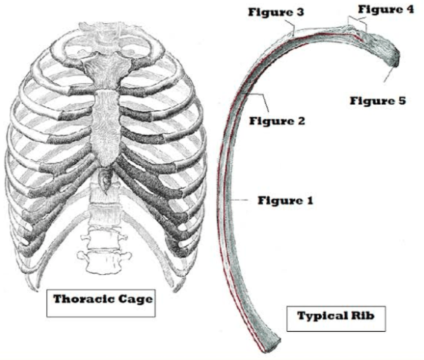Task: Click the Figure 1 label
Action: (285, 200)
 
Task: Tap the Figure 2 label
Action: (277, 120)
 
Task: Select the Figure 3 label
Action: (276, 12)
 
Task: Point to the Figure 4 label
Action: (386, 9)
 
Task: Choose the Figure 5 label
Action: (378, 101)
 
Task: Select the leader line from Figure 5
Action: (387, 76)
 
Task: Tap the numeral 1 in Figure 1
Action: (310, 200)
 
